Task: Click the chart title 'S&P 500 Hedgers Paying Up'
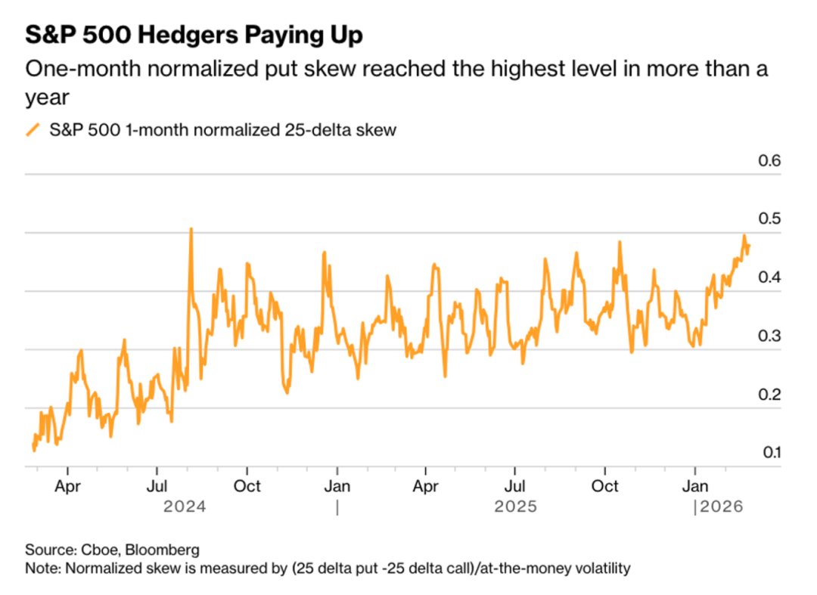pos(194,35)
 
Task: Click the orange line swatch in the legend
pos(33,130)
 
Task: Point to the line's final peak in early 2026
pos(744,236)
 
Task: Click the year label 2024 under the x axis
pos(185,507)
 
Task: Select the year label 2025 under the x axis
pos(515,507)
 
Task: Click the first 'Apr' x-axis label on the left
pos(68,486)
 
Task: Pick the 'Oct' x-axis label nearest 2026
pos(605,486)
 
